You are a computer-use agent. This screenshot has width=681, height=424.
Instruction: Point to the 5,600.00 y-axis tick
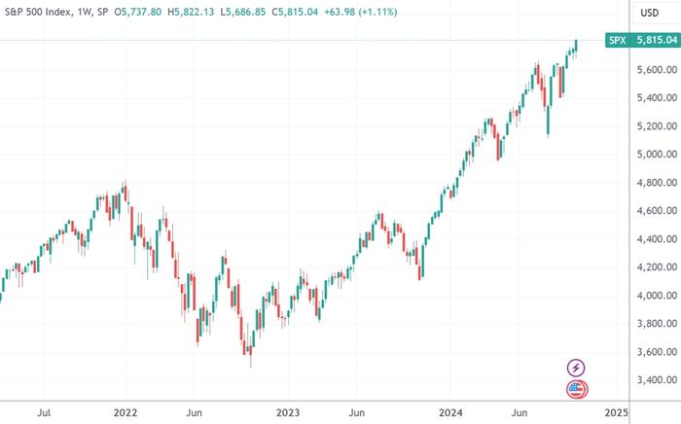coord(650,70)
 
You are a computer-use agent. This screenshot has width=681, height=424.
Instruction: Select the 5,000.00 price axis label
coord(650,155)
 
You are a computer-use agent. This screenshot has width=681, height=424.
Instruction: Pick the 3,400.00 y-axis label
coord(650,380)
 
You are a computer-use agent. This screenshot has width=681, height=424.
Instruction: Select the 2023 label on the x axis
coord(287,412)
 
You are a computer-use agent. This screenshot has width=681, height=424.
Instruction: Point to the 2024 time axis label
coord(449,412)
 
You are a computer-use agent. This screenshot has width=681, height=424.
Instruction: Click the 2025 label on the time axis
coord(614,412)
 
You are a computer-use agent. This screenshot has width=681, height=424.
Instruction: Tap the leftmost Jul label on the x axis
coord(45,412)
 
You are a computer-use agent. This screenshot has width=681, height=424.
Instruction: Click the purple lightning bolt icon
coord(576,368)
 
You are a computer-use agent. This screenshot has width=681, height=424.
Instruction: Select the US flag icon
coord(576,390)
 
